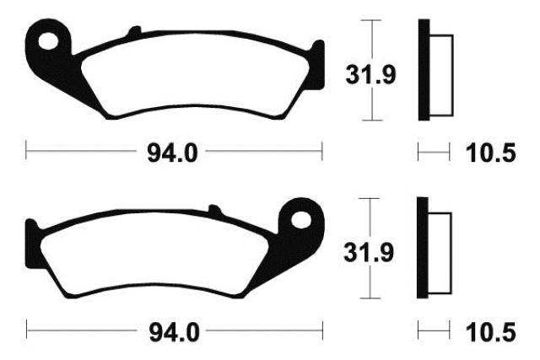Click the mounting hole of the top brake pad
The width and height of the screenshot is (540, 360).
(x=48, y=41)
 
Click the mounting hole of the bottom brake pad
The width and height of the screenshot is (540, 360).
(x=301, y=220)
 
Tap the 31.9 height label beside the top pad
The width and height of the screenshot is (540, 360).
(x=371, y=75)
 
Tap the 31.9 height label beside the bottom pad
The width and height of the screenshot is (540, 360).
(x=369, y=253)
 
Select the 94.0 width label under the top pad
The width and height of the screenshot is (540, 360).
(x=172, y=153)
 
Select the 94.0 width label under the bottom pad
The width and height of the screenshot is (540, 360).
(x=175, y=332)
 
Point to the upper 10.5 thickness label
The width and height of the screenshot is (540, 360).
(x=491, y=153)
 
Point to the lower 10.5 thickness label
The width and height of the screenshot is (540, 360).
(x=491, y=332)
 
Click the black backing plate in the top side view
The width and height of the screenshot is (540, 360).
(x=424, y=70)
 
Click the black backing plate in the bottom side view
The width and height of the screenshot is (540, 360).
(x=422, y=248)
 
